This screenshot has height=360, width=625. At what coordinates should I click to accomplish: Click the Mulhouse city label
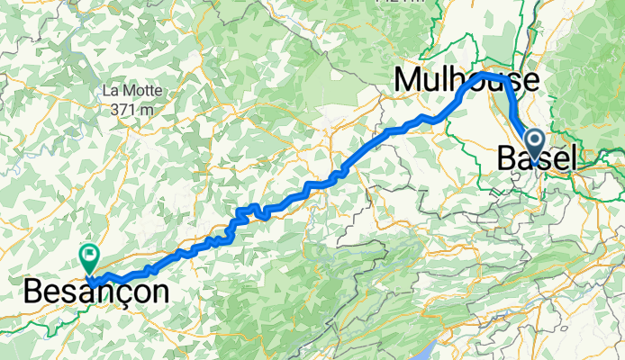coord(466,81)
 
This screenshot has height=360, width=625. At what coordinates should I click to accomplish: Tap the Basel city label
coord(536,159)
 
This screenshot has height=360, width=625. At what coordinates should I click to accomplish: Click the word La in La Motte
coord(112,91)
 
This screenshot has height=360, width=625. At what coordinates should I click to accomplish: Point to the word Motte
coord(136,91)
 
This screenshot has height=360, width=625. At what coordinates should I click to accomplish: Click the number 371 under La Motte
coord(118,109)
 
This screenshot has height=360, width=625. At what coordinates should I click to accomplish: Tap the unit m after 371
coord(141,109)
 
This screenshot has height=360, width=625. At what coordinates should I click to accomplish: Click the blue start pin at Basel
coord(533,141)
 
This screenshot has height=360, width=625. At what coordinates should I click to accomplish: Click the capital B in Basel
coord(505,159)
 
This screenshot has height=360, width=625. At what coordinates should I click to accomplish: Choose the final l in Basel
coord(572,159)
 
